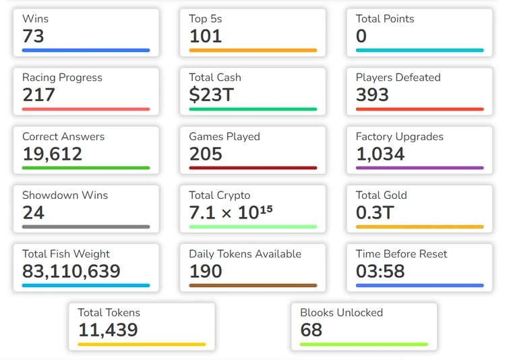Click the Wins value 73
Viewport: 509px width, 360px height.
(33, 36)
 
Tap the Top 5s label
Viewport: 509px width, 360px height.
(205, 19)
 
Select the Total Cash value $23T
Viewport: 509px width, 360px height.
(211, 95)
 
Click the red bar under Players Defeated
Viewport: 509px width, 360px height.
(419, 109)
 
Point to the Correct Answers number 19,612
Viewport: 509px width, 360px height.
(52, 154)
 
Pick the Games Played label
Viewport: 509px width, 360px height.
(224, 136)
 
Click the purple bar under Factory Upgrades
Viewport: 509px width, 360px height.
(419, 168)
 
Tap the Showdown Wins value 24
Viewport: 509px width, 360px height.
(33, 212)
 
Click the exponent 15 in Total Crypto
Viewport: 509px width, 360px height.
(266, 209)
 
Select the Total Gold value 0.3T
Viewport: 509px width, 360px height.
(375, 212)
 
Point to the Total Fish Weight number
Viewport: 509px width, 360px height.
(71, 271)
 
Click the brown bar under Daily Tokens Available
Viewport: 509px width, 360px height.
(253, 285)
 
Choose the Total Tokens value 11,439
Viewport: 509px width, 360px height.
(108, 330)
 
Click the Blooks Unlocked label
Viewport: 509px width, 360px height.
(341, 313)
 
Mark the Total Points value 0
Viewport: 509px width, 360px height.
(361, 36)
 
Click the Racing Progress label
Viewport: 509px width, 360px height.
(62, 78)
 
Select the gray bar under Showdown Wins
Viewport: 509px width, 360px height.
(86, 227)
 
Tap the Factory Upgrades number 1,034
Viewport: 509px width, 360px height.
(380, 154)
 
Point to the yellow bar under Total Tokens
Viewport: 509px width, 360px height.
(142, 344)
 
